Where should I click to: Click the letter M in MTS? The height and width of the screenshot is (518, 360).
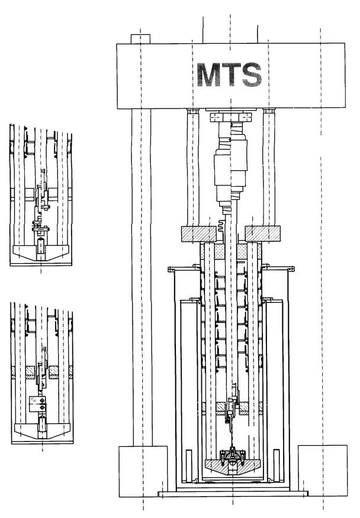[208, 75]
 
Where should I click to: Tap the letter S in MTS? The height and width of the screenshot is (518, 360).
[252, 75]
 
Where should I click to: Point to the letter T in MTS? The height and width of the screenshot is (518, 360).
[231, 75]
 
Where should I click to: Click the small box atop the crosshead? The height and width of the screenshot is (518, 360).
[140, 39]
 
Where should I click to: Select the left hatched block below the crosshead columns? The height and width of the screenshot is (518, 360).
[198, 234]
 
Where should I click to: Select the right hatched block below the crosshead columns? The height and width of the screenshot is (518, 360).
[263, 234]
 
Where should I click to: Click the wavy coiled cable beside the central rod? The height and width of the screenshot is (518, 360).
[221, 228]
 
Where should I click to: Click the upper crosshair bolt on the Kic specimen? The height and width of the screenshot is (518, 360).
[42, 401]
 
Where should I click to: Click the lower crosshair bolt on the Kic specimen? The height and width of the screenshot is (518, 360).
[42, 408]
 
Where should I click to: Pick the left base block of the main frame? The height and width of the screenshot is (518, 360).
[143, 471]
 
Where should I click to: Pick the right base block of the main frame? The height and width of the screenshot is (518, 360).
[323, 471]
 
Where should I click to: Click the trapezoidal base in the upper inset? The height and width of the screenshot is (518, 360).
[41, 253]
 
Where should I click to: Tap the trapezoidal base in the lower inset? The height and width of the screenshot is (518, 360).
[42, 431]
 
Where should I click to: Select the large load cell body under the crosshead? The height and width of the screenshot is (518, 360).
[231, 170]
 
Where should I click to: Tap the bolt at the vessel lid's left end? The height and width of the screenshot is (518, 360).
[171, 270]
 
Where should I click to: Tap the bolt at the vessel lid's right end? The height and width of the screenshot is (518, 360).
[291, 269]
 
